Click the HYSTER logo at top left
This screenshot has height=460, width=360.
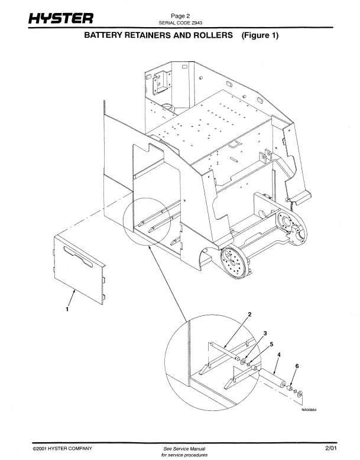[x=61, y=18]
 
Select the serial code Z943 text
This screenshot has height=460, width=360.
[x=180, y=22]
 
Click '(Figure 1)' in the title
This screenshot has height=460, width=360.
[x=260, y=35]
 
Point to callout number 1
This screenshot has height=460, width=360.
[x=67, y=309]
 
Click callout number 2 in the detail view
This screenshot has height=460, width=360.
[x=249, y=315]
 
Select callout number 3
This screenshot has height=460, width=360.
[x=265, y=333]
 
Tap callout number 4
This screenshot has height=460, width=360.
[x=279, y=355]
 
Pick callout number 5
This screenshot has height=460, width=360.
[x=271, y=344]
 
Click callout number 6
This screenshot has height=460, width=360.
[x=297, y=366]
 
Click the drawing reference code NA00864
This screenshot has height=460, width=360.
[x=309, y=410]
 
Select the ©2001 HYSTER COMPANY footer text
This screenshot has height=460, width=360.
[x=63, y=448]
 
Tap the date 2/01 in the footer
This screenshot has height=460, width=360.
[x=331, y=448]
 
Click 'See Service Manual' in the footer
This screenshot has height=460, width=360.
[x=184, y=449]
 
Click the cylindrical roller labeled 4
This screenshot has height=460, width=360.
[x=272, y=379]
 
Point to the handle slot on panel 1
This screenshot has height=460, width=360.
[x=79, y=257]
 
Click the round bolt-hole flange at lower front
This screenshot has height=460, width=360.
[x=235, y=263]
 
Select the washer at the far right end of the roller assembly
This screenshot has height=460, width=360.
[x=300, y=394]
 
